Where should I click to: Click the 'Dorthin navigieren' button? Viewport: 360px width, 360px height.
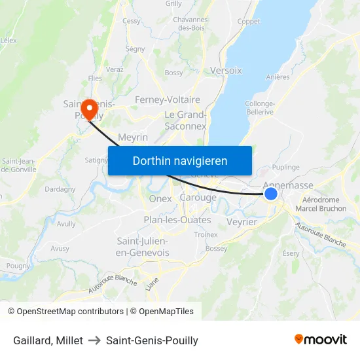[x=180, y=160]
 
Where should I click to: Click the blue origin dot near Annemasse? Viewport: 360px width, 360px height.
[x=271, y=193]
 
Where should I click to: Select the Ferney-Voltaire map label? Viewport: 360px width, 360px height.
[x=167, y=99]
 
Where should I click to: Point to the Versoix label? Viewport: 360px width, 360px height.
[x=226, y=70]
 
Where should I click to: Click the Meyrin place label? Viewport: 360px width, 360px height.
[x=133, y=137]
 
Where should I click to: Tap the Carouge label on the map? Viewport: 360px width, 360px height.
[x=198, y=198]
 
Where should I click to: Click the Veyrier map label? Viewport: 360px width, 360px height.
[x=242, y=222]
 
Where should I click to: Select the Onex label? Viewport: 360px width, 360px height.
[x=160, y=198]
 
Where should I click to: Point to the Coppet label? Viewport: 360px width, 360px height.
[x=248, y=22]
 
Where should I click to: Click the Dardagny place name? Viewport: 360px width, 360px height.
[x=60, y=189]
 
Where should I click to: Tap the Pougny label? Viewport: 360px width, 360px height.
[x=18, y=265]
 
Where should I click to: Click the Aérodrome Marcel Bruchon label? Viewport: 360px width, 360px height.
[x=321, y=204]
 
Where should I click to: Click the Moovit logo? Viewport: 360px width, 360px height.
[x=321, y=339]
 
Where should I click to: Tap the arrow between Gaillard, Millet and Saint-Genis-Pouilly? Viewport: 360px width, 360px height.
[x=94, y=340]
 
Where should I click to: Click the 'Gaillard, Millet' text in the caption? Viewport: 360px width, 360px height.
[x=48, y=340]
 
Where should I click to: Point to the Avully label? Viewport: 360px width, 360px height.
[x=66, y=223]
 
